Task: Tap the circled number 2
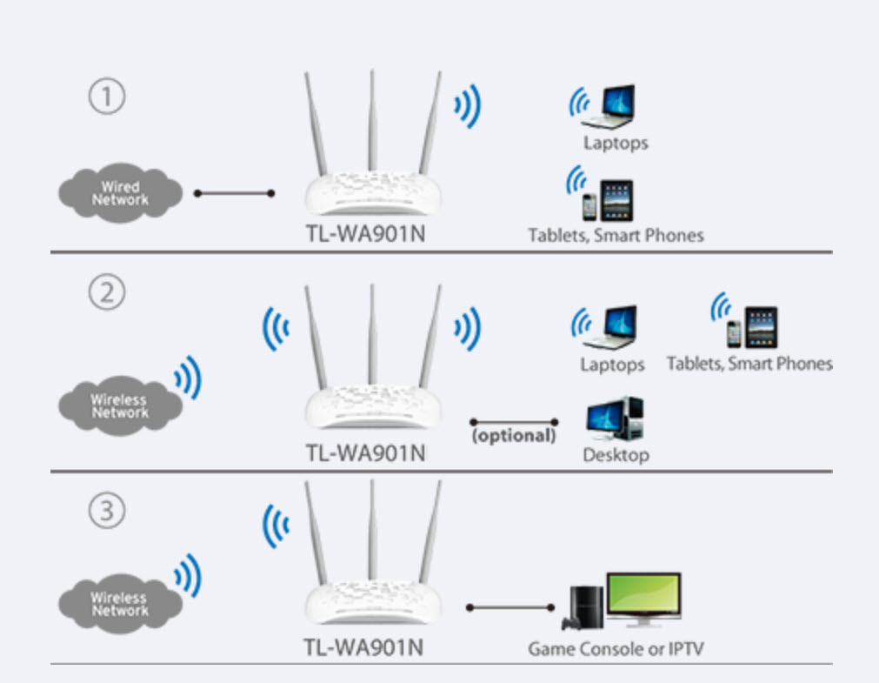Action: (x=107, y=293)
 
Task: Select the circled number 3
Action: (x=107, y=511)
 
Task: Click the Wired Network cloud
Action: (x=120, y=193)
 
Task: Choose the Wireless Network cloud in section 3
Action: (x=120, y=601)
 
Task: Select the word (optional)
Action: (x=513, y=435)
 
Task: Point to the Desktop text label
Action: (x=616, y=455)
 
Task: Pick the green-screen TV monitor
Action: (x=643, y=599)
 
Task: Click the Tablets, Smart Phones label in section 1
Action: (x=616, y=235)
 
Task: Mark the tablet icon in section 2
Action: (x=762, y=327)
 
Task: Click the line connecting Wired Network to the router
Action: (x=234, y=193)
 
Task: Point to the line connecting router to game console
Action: (x=510, y=606)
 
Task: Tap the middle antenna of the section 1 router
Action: (x=371, y=122)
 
